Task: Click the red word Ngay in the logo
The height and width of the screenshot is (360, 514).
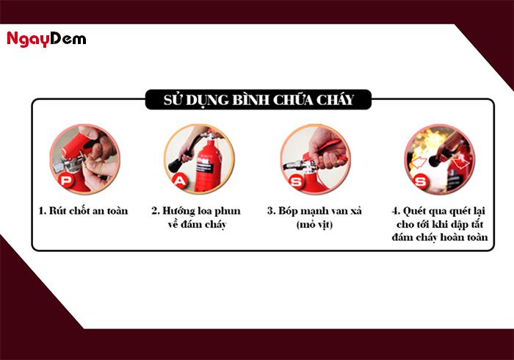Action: click(x=27, y=39)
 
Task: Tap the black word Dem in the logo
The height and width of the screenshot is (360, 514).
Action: click(x=68, y=39)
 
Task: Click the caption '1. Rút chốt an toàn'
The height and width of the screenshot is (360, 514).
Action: click(x=83, y=211)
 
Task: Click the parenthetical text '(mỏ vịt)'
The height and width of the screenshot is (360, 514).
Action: click(x=315, y=224)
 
